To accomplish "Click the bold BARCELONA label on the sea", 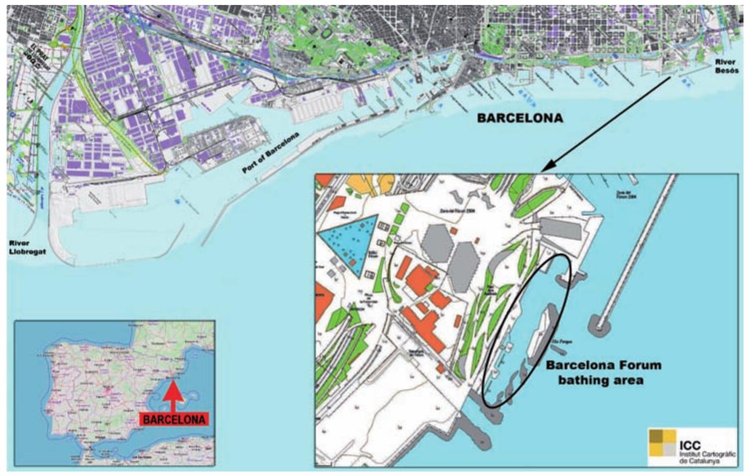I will click(520, 118).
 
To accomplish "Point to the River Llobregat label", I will click(27, 247).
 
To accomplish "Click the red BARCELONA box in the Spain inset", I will click(174, 419).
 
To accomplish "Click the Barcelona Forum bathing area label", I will click(603, 372).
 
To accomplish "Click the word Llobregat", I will click(27, 252).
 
